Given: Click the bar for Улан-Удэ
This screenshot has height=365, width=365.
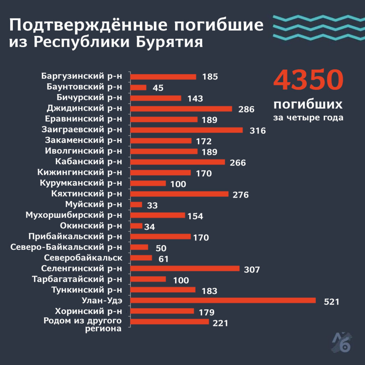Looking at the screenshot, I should click(223, 300).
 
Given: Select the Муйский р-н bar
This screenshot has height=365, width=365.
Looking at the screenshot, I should click(136, 205).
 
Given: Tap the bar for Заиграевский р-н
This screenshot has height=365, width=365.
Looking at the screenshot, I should click(186, 130).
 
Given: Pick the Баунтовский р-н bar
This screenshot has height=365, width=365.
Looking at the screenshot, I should click(138, 87).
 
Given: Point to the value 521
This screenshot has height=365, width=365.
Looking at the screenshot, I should click(331, 302).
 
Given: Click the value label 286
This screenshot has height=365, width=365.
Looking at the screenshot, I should click(246, 109).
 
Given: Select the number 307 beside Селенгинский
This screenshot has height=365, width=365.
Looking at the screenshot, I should click(252, 270).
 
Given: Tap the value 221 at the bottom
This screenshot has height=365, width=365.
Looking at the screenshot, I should click(220, 323).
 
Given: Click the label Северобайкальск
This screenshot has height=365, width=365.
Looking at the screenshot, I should click(83, 258).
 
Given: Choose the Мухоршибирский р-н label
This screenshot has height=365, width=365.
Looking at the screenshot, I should click(74, 215).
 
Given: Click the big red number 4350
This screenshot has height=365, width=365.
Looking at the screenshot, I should click(308, 81).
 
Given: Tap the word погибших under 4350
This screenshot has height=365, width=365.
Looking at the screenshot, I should click(308, 105).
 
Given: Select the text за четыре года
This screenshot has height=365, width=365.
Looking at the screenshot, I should click(308, 118).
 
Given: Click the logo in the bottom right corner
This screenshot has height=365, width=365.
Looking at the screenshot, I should click(341, 342).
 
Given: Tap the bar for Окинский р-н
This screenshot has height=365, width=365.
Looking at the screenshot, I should click(137, 226).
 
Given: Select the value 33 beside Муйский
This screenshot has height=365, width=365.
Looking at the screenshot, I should click(152, 206).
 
